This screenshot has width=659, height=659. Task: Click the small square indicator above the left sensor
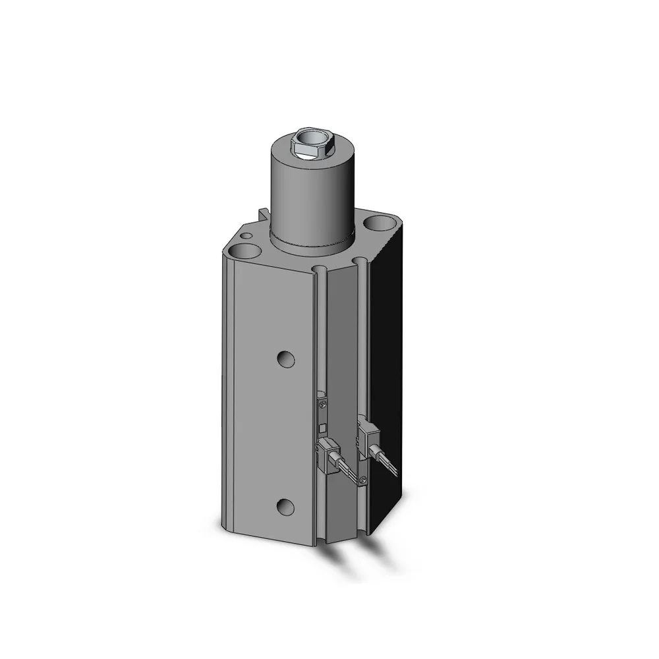tap(322, 428)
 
